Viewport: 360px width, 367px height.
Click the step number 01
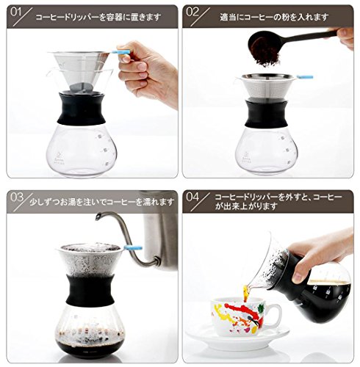(x=15, y=12)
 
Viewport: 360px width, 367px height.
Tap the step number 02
(x=192, y=12)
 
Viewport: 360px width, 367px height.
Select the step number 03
(x=17, y=197)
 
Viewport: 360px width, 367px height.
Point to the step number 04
(x=192, y=197)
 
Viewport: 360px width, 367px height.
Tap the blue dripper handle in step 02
(x=305, y=77)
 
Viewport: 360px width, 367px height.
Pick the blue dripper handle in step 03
(x=134, y=247)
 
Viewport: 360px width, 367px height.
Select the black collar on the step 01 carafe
(x=82, y=108)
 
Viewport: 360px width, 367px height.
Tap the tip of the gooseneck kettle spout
(x=98, y=217)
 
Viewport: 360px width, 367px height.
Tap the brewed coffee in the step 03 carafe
(x=90, y=344)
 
